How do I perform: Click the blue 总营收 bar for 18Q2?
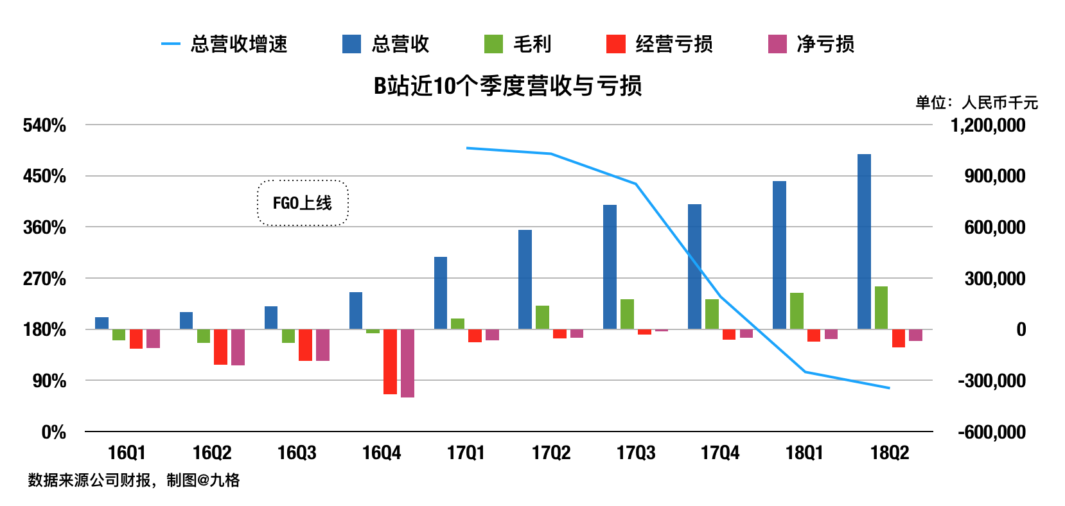coord(864,241)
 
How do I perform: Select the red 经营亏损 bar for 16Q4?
coord(390,362)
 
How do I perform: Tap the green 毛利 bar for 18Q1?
coord(797,311)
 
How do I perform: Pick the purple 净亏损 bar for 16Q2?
coord(238,347)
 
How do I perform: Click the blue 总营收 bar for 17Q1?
coord(441,293)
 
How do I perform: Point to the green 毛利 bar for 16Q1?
coord(119,335)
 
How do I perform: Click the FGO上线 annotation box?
coord(303,203)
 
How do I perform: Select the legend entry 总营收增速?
coord(225,44)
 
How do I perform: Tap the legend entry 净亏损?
coord(811,44)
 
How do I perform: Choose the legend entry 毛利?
coord(518,44)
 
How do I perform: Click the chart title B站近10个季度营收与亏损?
coord(507,86)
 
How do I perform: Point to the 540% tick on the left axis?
coord(44,125)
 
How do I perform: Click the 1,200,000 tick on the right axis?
coord(988,125)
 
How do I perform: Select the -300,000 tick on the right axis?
coord(991,381)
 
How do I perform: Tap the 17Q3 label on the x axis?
coord(636,453)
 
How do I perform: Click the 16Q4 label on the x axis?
coord(382,453)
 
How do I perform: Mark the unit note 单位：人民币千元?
coord(976,103)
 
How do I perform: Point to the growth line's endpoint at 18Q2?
coord(889,388)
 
